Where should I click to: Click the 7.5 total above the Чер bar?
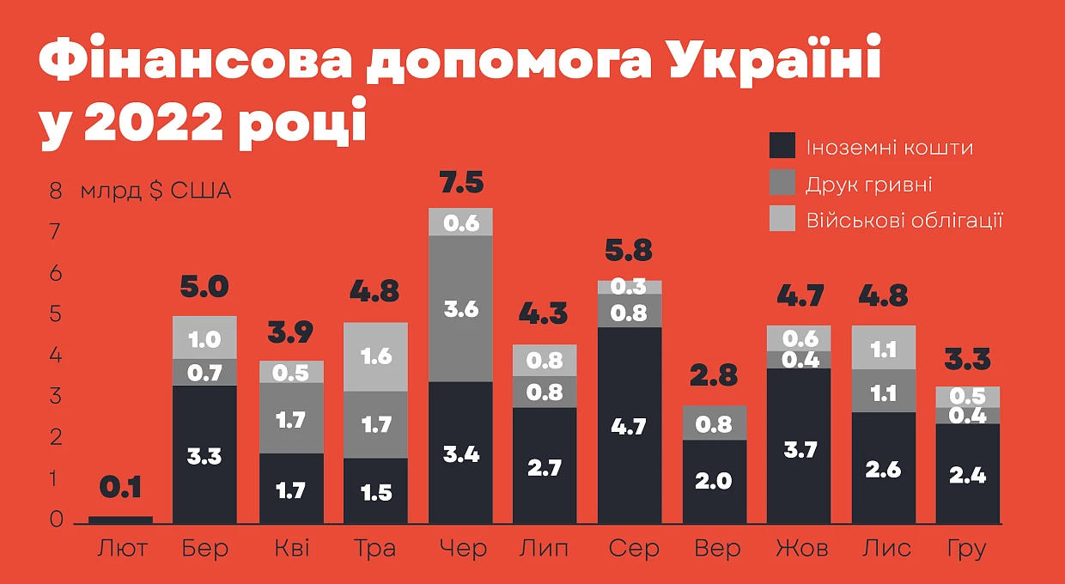pos(461,183)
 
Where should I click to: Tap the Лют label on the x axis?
pos(122,548)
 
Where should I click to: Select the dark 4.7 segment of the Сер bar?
pos(630,425)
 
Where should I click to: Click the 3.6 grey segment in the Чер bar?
pos(460,308)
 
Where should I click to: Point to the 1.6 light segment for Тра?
pos(375,356)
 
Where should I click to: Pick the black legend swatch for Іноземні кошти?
pos(782,145)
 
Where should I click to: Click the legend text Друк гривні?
pos(868,185)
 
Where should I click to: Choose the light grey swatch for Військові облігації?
pos(782,218)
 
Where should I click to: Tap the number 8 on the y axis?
pos(56,191)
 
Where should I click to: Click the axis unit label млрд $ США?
pos(155,191)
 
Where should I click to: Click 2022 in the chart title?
pos(153,121)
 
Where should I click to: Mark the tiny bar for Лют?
pos(120,520)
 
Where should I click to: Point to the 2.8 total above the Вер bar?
pos(714,375)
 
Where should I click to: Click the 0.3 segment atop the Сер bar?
pos(630,287)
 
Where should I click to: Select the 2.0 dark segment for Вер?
pos(714,481)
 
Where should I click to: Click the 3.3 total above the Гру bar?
pos(968,360)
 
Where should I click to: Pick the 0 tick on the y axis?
pos(56,520)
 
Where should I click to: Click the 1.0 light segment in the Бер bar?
pos(205,338)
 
